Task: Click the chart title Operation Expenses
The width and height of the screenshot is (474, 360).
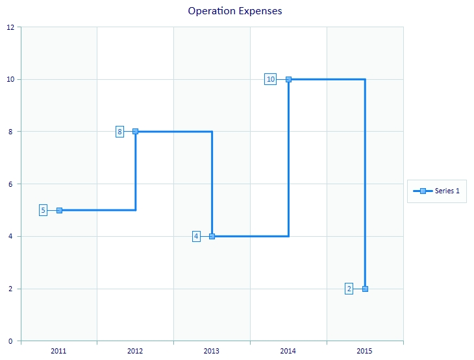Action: point(235,11)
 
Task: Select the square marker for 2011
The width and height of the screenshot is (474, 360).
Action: point(59,210)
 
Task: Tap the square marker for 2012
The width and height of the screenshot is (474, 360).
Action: point(135,132)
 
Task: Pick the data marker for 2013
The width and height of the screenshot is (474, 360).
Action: point(212,236)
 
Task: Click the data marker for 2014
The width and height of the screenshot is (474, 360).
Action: point(288,79)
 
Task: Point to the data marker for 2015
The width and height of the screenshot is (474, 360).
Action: point(365,289)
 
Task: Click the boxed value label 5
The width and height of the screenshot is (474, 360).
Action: point(43,210)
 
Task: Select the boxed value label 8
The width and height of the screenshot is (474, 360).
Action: point(119,132)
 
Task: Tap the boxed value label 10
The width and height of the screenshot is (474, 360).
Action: point(271,79)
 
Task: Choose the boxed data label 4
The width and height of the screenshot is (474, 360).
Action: point(196,236)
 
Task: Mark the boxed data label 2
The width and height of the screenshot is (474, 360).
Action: point(349,289)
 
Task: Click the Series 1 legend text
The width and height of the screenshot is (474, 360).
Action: point(447,191)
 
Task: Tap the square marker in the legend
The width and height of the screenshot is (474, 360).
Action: point(423,191)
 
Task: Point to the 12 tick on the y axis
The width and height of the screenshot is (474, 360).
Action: point(10,27)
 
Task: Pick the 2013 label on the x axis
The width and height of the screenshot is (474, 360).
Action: point(212,351)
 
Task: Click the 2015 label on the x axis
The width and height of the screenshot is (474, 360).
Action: point(365,351)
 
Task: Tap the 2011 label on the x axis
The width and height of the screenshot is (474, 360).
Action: point(59,351)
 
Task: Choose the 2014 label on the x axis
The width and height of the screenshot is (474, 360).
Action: point(288,351)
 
